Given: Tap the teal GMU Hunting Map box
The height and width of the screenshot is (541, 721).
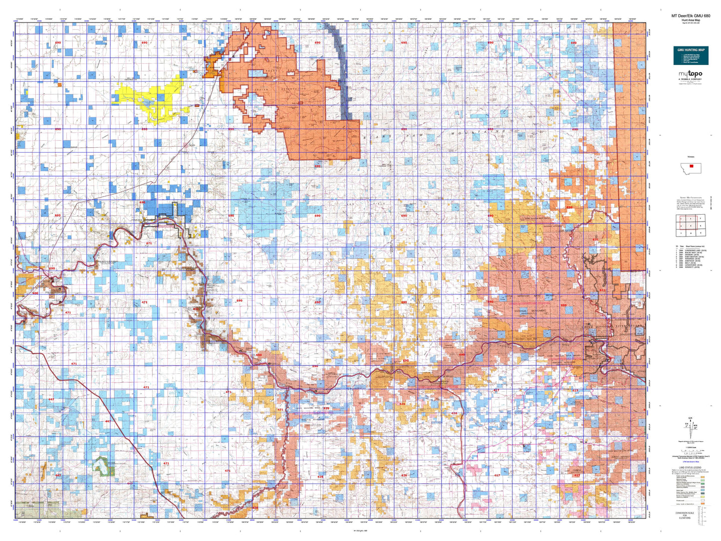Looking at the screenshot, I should [691, 55].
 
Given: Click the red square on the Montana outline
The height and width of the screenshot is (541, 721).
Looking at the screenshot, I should [691, 166].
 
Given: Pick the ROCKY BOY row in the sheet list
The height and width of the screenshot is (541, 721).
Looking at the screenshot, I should [692, 253].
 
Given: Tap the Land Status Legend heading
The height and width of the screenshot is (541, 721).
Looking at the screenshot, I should [691, 468].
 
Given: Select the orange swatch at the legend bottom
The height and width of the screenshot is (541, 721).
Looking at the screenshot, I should [703, 504].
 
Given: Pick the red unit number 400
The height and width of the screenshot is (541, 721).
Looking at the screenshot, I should [35, 293].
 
